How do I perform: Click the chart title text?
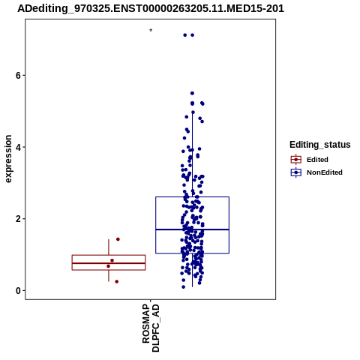[151, 9]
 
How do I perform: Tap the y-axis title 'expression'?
[8, 159]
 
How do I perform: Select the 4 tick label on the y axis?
[18, 147]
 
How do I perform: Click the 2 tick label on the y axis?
[18, 219]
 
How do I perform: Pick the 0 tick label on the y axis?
[18, 290]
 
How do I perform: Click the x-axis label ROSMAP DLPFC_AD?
[151, 328]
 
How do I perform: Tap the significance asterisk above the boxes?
[151, 31]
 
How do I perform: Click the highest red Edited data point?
[118, 239]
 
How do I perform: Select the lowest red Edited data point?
[116, 281]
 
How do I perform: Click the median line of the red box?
[109, 263]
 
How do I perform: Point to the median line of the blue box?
[192, 229]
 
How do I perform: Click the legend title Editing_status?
[320, 145]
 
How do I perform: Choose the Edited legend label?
[317, 160]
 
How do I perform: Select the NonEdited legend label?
[325, 172]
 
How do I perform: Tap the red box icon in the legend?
[296, 160]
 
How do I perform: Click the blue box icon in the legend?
[296, 172]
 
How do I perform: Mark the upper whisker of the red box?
[109, 247]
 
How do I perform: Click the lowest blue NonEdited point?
[183, 287]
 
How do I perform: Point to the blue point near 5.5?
[192, 93]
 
